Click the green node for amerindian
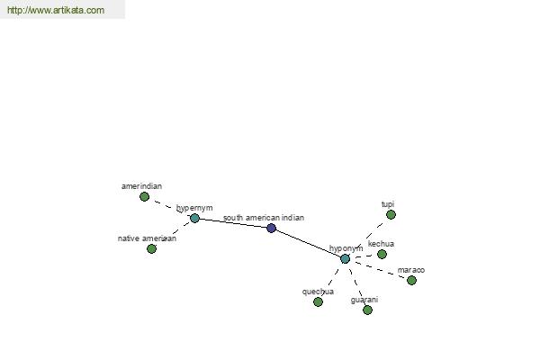tap(144, 197)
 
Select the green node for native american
tap(151, 248)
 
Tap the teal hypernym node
tap(194, 218)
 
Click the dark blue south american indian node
tap(272, 228)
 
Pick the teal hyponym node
tap(345, 258)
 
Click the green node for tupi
tap(391, 214)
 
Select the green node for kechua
tap(382, 254)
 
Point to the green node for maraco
tap(411, 281)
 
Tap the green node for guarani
tap(367, 310)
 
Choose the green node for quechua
tap(318, 302)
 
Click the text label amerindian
tap(141, 186)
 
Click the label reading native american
tap(147, 238)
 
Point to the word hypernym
tap(194, 208)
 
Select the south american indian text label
tap(264, 218)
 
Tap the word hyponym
tap(346, 248)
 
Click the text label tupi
tap(387, 204)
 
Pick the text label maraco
tap(411, 270)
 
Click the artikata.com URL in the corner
tap(56, 10)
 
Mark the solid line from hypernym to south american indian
tap(233, 223)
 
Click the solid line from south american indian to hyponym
tap(308, 243)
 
